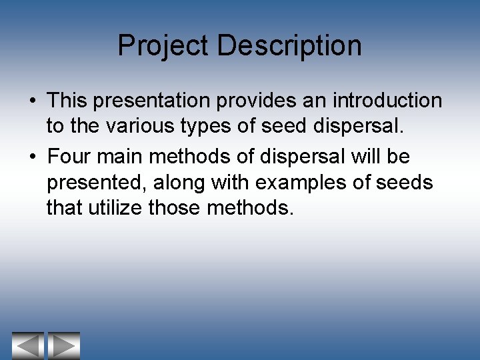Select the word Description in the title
tap(289, 46)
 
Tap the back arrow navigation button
tap(27, 345)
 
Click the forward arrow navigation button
tap(64, 345)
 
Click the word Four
tap(72, 157)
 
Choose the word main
tap(123, 157)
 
